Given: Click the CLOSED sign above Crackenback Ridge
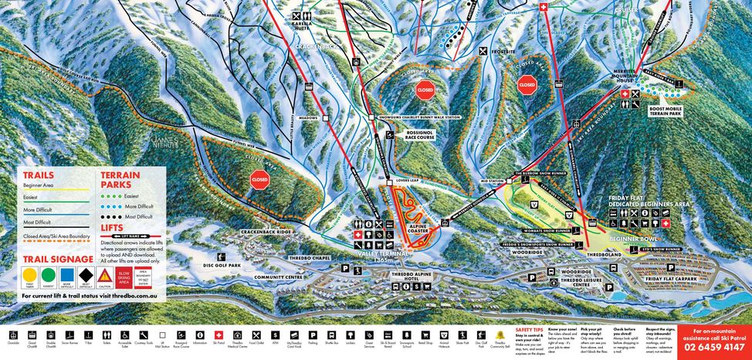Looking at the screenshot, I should pos(259,181).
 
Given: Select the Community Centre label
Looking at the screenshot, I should pos(279,277).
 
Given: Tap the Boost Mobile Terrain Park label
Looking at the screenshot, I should pos(671,112).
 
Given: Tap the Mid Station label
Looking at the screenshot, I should pos(491,181).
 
